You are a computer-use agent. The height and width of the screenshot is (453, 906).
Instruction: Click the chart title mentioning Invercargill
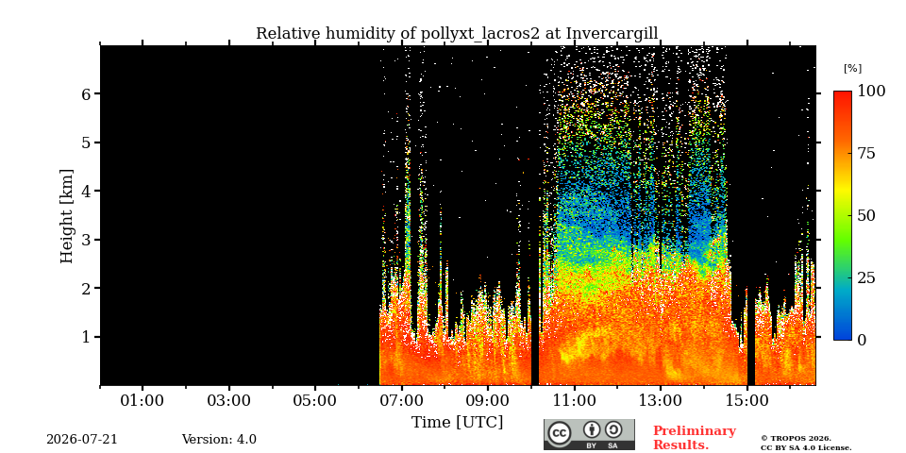pyautogui.click(x=457, y=34)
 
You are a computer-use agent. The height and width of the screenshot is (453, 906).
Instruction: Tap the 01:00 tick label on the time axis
pyautogui.click(x=143, y=400)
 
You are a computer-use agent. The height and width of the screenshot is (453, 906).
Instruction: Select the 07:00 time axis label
pyautogui.click(x=402, y=400)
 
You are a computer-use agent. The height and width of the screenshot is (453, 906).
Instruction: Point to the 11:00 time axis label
pyautogui.click(x=575, y=400)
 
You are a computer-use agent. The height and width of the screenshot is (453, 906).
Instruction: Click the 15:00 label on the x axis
pyautogui.click(x=747, y=400)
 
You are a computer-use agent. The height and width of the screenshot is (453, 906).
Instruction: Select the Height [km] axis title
pyautogui.click(x=67, y=216)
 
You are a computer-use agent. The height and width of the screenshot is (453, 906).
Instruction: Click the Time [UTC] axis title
pyautogui.click(x=457, y=423)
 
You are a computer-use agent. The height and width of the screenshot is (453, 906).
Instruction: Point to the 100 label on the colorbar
pyautogui.click(x=871, y=91)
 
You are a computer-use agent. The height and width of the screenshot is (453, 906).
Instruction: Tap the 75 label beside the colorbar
pyautogui.click(x=865, y=153)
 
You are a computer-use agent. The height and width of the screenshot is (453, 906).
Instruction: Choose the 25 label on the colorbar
pyautogui.click(x=865, y=277)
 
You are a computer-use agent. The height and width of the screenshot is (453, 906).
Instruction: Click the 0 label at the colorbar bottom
pyautogui.click(x=862, y=340)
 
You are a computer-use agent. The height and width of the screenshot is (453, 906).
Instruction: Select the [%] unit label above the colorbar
pyautogui.click(x=852, y=69)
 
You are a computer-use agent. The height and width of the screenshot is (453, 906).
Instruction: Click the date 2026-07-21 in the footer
pyautogui.click(x=82, y=440)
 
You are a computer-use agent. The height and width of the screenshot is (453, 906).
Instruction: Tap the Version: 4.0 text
pyautogui.click(x=219, y=440)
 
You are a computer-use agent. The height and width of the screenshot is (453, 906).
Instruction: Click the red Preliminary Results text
pyautogui.click(x=695, y=438)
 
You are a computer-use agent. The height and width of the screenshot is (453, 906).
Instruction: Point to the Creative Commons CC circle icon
pyautogui.click(x=560, y=433)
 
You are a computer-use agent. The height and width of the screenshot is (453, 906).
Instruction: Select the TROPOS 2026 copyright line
pyautogui.click(x=796, y=439)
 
